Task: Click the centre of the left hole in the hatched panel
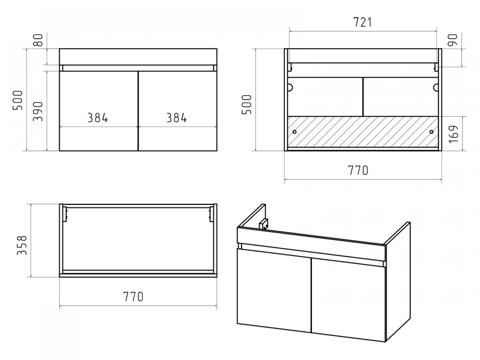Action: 294,132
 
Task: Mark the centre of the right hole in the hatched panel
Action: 431,132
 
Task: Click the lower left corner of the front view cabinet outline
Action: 59,150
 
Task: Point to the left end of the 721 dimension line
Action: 289,31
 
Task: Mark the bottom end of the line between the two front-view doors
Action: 138,150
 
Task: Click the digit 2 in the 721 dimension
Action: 363,22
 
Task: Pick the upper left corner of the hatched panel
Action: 287,116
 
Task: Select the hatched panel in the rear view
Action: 363,132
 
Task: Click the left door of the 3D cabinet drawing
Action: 274,291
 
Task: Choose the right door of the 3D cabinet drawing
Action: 348,300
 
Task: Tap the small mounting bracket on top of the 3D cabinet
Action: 263,225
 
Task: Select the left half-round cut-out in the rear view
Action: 290,87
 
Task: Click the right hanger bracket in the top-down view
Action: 211,214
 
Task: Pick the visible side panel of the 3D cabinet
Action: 397,282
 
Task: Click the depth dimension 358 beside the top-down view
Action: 22,245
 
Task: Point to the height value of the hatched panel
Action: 454,133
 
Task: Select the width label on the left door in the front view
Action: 98,118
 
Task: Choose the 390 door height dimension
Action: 38,111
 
